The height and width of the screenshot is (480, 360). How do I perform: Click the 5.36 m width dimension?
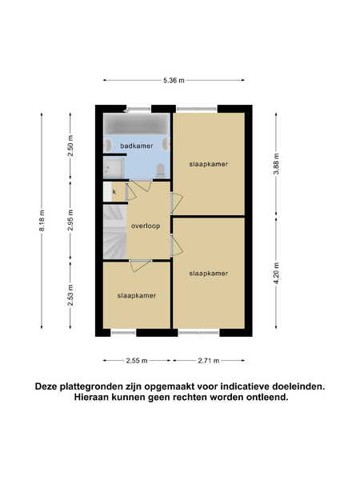coord(174,81)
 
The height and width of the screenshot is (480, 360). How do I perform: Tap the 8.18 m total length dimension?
coord(42,221)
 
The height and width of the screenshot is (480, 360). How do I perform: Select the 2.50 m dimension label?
coord(70,146)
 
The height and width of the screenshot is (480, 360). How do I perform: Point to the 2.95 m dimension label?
coord(70,221)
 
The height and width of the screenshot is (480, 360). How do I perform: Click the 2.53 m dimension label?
coord(70,295)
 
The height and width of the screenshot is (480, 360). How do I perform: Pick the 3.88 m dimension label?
coord(277,164)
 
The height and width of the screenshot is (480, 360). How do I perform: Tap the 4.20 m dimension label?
coord(277,274)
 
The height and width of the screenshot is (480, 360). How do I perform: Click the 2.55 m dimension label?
coord(137,361)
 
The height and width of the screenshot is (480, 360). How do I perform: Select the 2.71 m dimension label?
coord(209,361)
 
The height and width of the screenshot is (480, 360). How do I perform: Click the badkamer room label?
coord(137,146)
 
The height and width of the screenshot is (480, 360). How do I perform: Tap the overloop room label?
coord(146,226)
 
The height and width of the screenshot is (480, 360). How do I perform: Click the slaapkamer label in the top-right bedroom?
coord(209,164)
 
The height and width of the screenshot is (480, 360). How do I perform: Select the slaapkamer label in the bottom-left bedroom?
coord(137,296)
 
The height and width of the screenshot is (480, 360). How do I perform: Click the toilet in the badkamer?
coord(160,170)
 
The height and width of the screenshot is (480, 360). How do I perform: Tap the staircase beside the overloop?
coord(114,231)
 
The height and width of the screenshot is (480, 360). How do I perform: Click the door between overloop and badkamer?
coord(139,186)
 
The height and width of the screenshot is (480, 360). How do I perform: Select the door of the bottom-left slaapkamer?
coord(141,266)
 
